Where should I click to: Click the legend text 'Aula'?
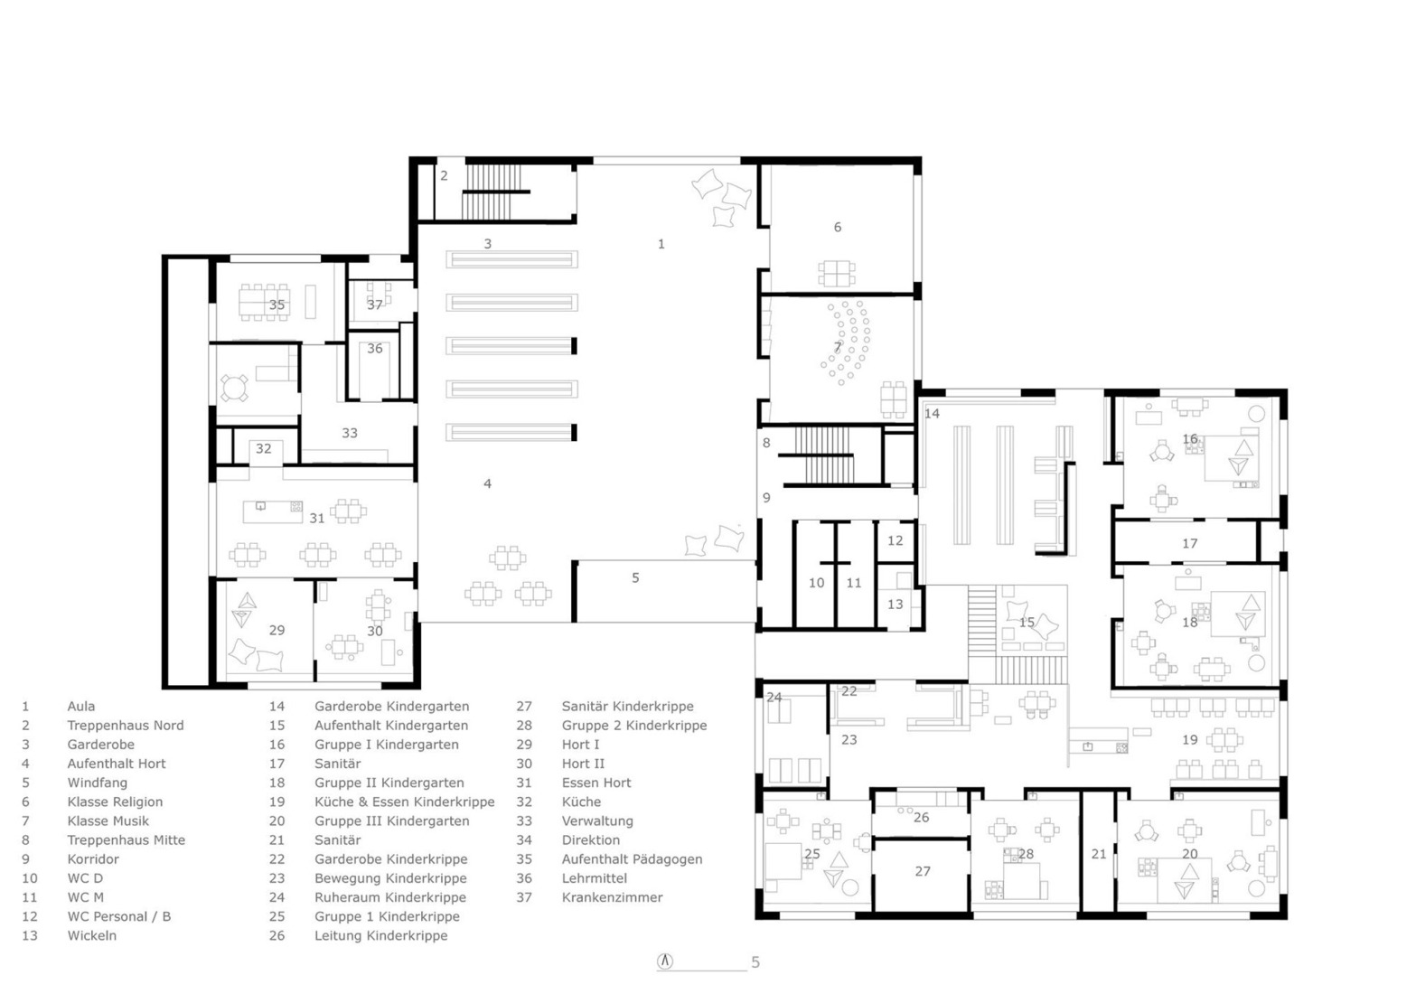(80, 707)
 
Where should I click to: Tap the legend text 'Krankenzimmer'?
(612, 897)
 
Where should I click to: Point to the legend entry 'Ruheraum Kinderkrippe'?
(390, 897)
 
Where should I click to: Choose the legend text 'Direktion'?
(590, 840)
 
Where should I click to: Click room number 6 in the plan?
(837, 228)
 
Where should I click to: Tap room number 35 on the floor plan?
(277, 305)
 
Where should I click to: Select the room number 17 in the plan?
(1189, 544)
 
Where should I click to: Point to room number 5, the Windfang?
(635, 578)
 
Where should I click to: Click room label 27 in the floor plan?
(922, 872)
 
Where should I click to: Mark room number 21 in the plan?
(1098, 854)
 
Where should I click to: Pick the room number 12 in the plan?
(895, 541)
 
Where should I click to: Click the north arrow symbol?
(665, 961)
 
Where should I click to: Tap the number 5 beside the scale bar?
(755, 963)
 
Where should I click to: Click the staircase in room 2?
(493, 192)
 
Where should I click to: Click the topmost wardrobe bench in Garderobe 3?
(511, 260)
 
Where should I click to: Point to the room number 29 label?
(277, 631)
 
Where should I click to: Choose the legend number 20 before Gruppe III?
(277, 821)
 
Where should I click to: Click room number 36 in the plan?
(374, 349)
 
